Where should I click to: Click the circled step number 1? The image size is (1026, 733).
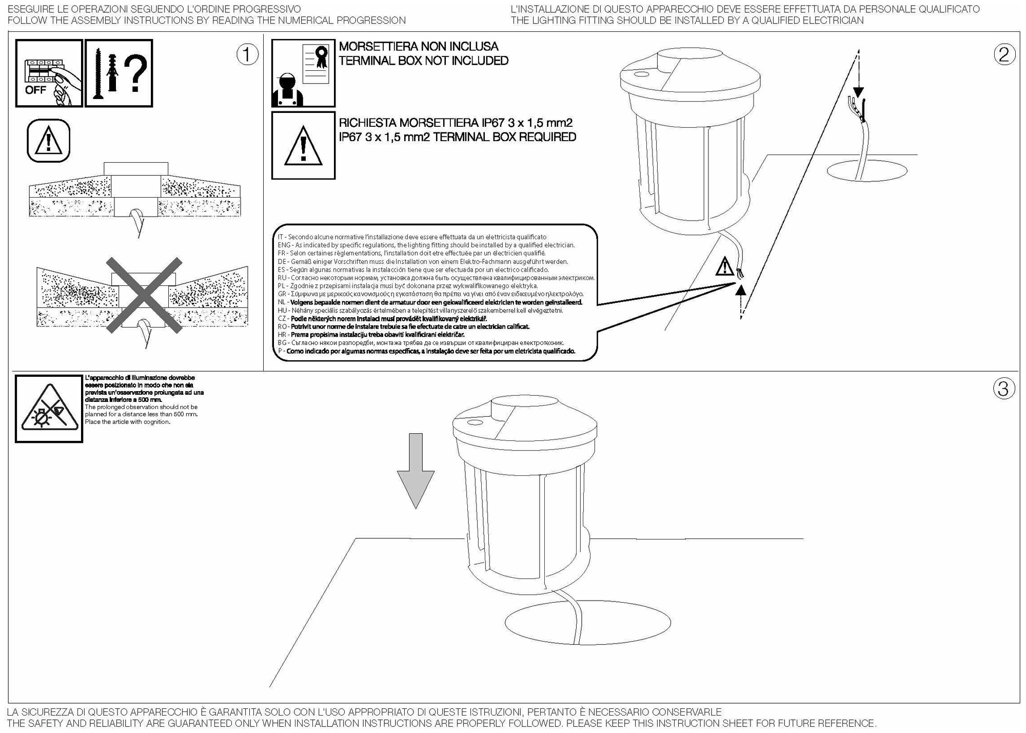(247, 55)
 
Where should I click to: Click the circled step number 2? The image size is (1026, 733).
(1004, 55)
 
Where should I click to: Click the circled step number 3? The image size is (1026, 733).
(1004, 389)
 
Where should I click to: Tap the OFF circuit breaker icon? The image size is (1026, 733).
(49, 73)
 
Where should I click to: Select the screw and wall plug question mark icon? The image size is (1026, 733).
(119, 73)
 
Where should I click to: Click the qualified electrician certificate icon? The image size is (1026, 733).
(303, 73)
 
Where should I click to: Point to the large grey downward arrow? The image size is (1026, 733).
(416, 470)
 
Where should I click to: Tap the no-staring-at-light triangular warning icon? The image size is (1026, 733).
(49, 409)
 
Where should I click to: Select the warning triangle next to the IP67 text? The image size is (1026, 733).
(303, 146)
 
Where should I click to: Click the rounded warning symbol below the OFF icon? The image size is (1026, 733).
(48, 141)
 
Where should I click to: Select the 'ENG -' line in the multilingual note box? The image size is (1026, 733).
(426, 245)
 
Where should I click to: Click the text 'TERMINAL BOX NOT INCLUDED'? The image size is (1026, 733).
(423, 61)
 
